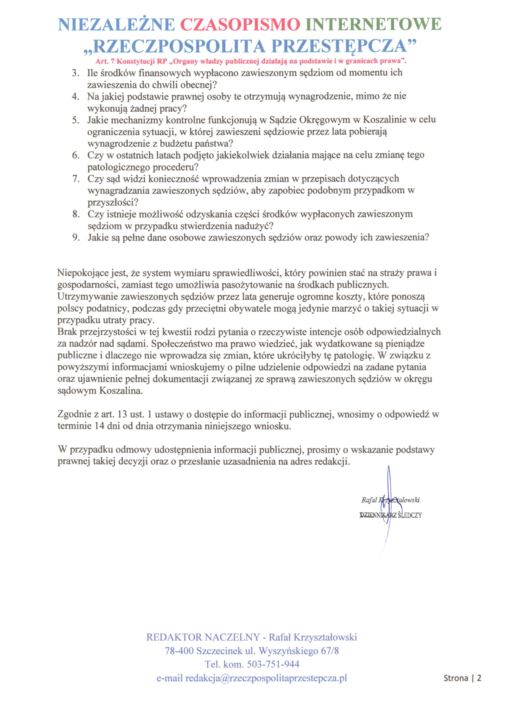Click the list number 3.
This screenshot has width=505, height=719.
(75, 73)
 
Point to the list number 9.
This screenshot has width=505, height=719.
(75, 237)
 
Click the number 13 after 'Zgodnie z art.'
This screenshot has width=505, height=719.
(122, 414)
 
